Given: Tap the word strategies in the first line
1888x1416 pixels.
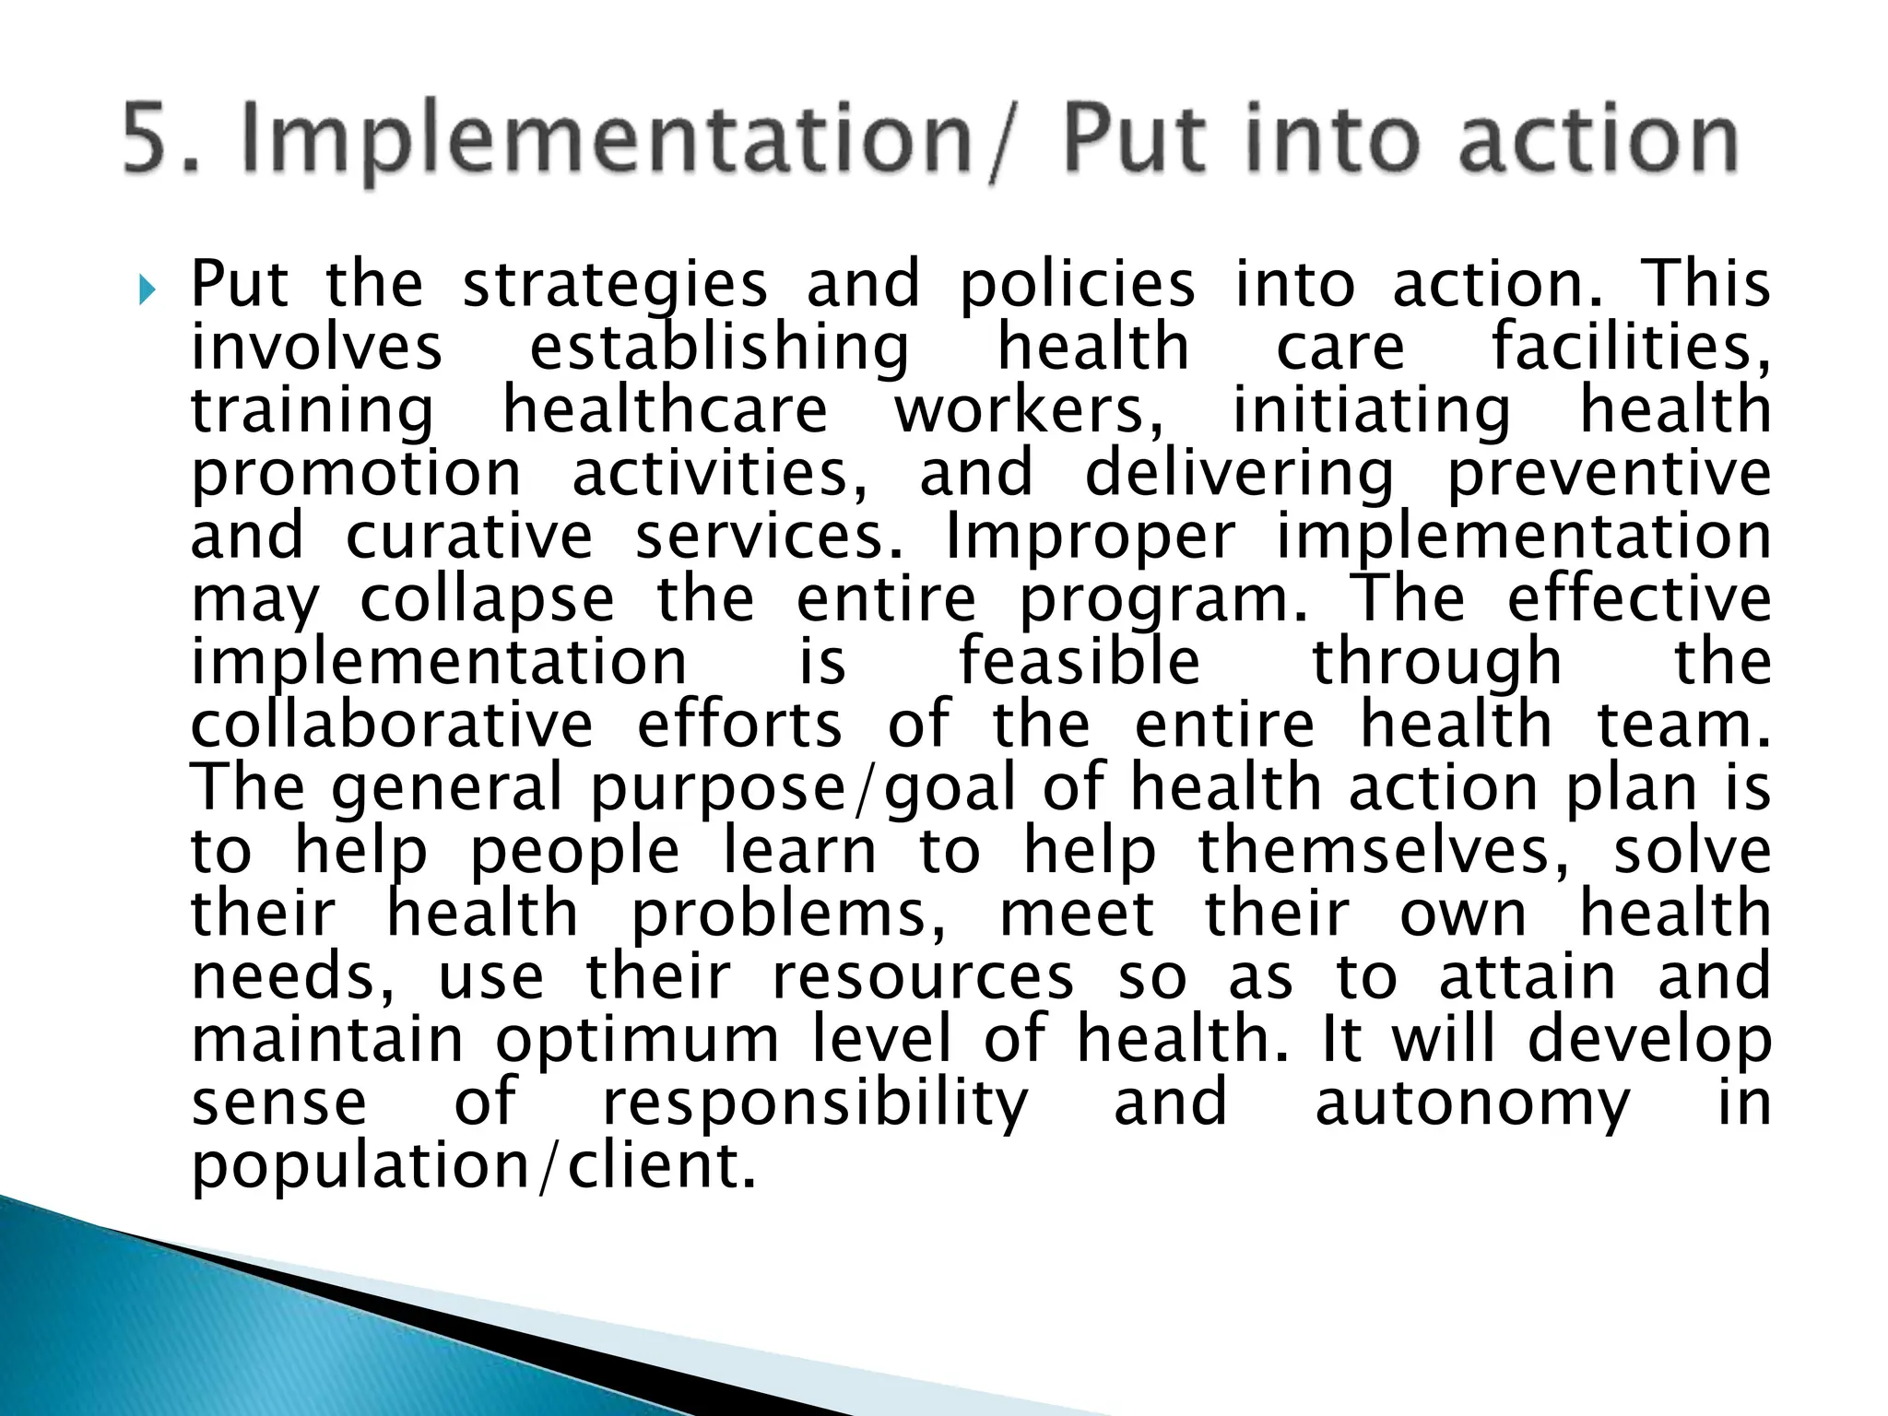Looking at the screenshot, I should point(615,286).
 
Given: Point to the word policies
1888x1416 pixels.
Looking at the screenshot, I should point(1077,286).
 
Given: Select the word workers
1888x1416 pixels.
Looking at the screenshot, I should point(1029,411).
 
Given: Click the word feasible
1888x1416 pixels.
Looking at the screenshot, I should point(1080,662).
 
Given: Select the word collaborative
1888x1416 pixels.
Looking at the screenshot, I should point(392,725).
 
